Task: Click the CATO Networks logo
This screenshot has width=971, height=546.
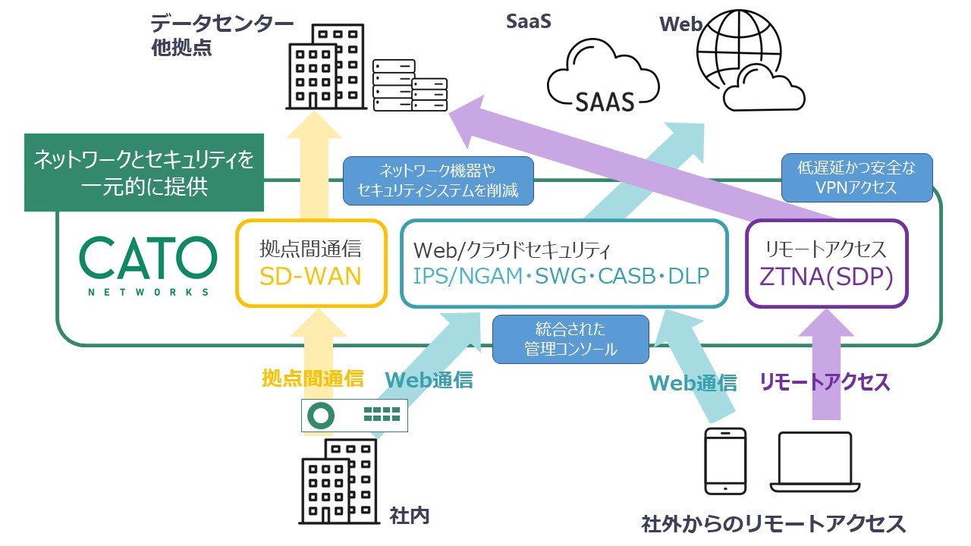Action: coord(148,265)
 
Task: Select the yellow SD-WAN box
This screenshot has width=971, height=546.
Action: coord(311,262)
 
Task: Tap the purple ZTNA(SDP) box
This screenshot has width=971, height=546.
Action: coord(826,263)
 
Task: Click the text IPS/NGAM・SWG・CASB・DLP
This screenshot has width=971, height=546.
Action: coord(561,276)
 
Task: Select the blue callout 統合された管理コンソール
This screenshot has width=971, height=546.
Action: coord(570,339)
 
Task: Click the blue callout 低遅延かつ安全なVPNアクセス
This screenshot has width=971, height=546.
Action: coord(856,178)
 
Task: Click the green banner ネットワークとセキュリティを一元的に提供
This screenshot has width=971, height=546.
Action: coord(144,172)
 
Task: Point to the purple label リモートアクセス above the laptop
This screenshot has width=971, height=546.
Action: coord(825,382)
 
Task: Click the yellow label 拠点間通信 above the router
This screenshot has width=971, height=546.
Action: coord(313,378)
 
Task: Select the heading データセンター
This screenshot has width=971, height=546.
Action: coord(222,24)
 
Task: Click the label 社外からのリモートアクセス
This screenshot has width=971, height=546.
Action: coord(773,523)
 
